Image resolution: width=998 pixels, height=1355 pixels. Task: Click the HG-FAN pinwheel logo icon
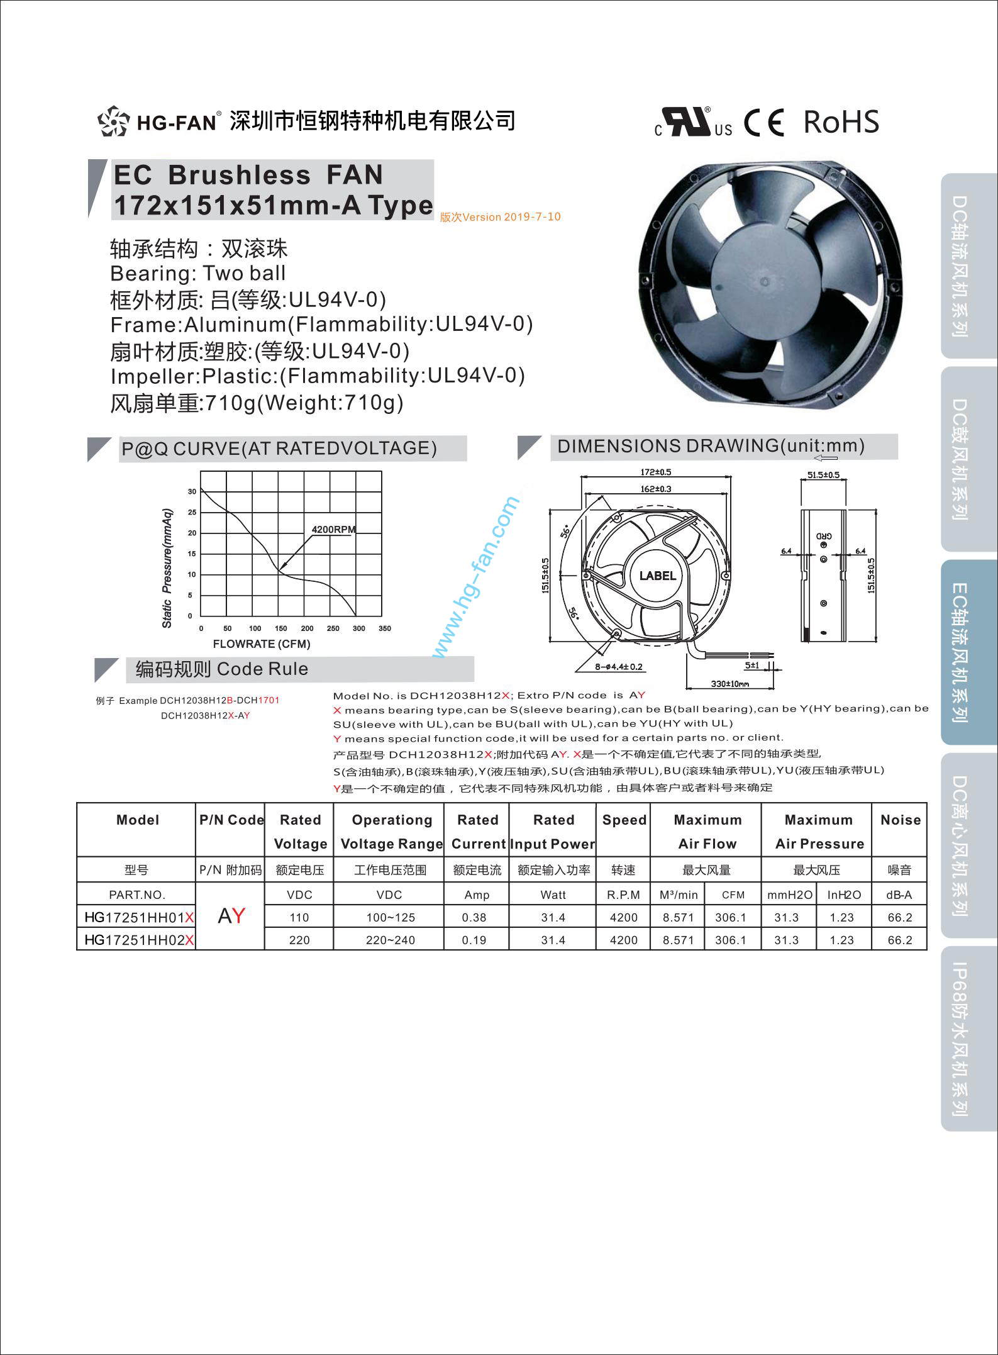click(x=113, y=121)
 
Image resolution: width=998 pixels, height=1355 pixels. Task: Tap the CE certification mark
click(x=764, y=122)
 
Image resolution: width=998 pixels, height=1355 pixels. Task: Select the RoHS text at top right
click(x=841, y=122)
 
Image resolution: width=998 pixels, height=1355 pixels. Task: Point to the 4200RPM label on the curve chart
click(x=333, y=530)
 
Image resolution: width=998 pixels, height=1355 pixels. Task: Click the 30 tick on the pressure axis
click(x=192, y=491)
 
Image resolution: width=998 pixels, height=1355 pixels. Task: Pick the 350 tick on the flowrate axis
click(x=384, y=628)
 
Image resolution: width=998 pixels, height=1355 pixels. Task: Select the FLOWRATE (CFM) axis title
click(x=261, y=644)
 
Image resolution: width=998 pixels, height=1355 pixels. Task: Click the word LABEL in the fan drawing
click(x=657, y=576)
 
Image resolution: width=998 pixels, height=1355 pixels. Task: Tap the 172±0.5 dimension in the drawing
click(x=655, y=472)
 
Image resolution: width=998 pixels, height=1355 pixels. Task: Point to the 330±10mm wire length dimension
click(x=729, y=683)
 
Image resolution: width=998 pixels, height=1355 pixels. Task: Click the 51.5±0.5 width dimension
click(x=823, y=475)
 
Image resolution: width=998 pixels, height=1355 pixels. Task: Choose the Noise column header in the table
click(x=900, y=820)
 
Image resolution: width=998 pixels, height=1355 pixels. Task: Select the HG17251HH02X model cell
click(x=138, y=940)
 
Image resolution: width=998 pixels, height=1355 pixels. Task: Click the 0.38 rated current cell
click(x=474, y=917)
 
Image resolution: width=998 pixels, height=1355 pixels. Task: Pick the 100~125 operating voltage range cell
click(x=391, y=917)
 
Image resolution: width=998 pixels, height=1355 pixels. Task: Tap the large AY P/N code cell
click(x=231, y=916)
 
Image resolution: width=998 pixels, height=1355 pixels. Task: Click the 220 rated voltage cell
click(x=299, y=940)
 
